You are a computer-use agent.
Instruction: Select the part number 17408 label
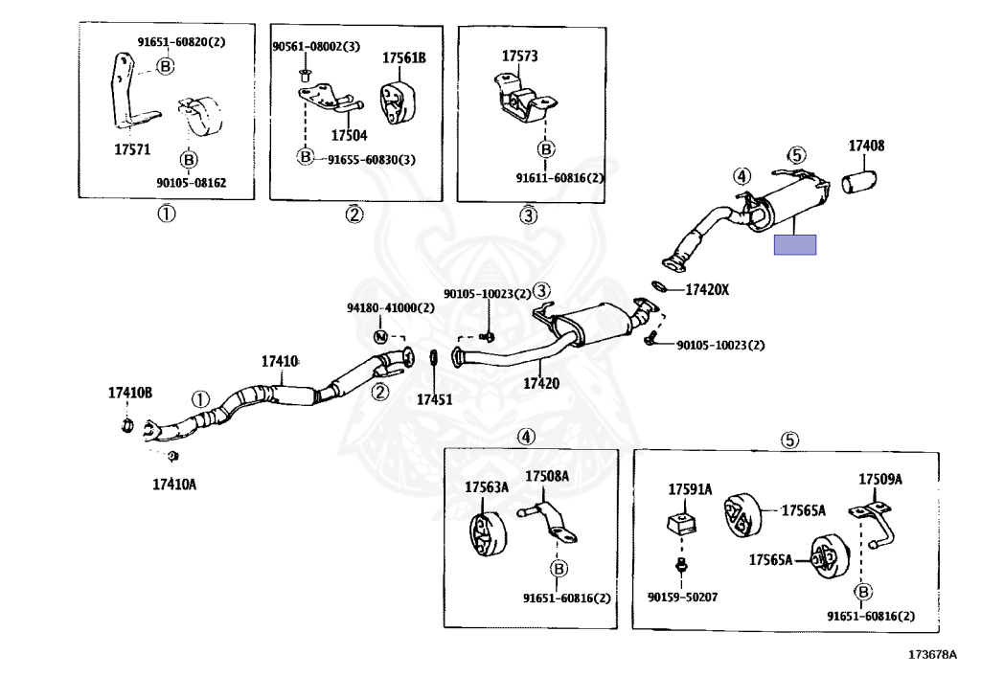(x=866, y=147)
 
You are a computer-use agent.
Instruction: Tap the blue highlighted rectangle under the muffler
(x=795, y=244)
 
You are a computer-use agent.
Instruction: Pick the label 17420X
(x=708, y=289)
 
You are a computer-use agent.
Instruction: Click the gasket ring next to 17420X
(x=661, y=285)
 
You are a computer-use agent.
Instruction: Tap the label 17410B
(x=130, y=392)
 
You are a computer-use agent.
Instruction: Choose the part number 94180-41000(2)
(x=390, y=308)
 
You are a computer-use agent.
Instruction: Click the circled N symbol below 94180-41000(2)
(x=380, y=336)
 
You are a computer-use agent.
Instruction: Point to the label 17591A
(x=690, y=488)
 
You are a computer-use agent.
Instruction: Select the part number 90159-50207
(x=682, y=598)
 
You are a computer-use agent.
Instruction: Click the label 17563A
(x=487, y=487)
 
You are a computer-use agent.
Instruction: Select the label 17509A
(x=880, y=479)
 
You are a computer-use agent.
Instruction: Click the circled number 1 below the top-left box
(x=167, y=214)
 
